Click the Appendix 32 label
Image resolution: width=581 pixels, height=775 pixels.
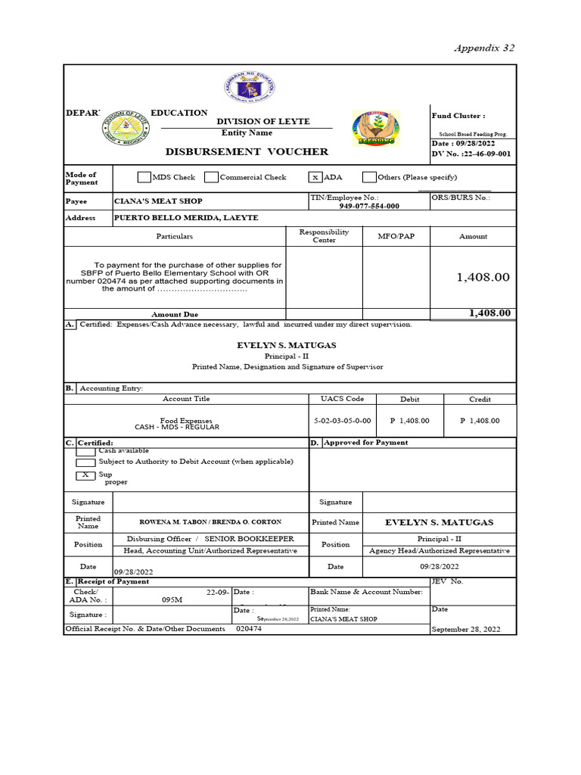(483, 48)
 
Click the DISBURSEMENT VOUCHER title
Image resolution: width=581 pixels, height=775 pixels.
(247, 151)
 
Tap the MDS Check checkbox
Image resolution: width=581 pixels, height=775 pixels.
(144, 177)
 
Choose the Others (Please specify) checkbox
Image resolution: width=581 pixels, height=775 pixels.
(368, 177)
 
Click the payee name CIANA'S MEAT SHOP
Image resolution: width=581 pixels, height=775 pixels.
(158, 201)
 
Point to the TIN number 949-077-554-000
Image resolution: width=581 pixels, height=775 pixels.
(369, 206)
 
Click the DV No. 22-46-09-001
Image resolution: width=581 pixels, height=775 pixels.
(471, 154)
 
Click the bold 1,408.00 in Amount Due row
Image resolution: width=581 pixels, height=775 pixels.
(489, 313)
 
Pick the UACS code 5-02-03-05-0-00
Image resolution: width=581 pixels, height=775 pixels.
(342, 420)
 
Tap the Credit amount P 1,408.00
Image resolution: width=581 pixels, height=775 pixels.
(480, 420)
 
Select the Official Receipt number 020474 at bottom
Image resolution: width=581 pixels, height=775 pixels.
(249, 629)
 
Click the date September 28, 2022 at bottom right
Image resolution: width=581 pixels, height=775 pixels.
(465, 629)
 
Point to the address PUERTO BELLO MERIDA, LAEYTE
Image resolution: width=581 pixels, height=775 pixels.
(186, 217)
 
